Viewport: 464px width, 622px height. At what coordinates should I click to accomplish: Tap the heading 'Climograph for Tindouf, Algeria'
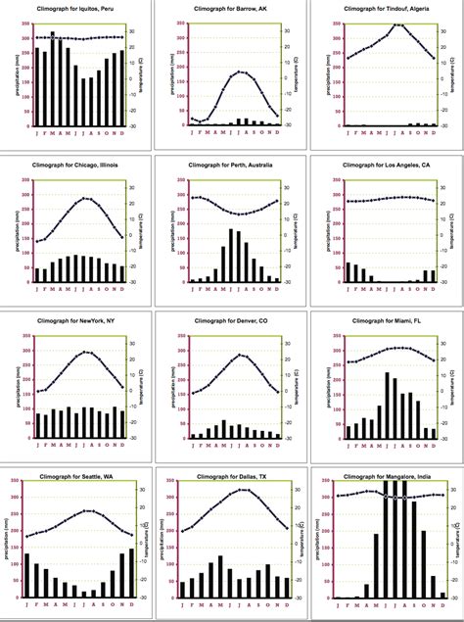(x=386, y=8)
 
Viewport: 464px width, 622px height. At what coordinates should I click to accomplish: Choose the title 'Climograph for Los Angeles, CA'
(x=386, y=165)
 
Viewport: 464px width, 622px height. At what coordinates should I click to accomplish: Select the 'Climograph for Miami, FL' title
(x=386, y=320)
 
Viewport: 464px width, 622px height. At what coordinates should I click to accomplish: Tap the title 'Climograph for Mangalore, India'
(x=384, y=477)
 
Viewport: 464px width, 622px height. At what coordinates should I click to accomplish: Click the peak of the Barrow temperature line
(x=241, y=72)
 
